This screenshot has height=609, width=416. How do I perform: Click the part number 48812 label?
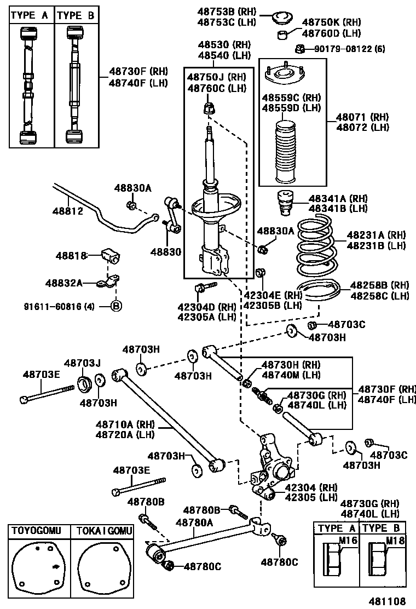point(68,210)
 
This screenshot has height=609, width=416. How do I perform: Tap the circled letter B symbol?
point(116,306)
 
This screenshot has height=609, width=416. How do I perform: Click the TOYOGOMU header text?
point(37,531)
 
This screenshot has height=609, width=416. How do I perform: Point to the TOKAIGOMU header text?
point(104,531)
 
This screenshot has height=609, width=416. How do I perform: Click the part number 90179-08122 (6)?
point(349,49)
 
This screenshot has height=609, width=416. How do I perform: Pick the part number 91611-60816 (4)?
point(59,306)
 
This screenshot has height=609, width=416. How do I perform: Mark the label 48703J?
point(83,363)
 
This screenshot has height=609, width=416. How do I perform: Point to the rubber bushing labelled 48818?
point(113,255)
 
